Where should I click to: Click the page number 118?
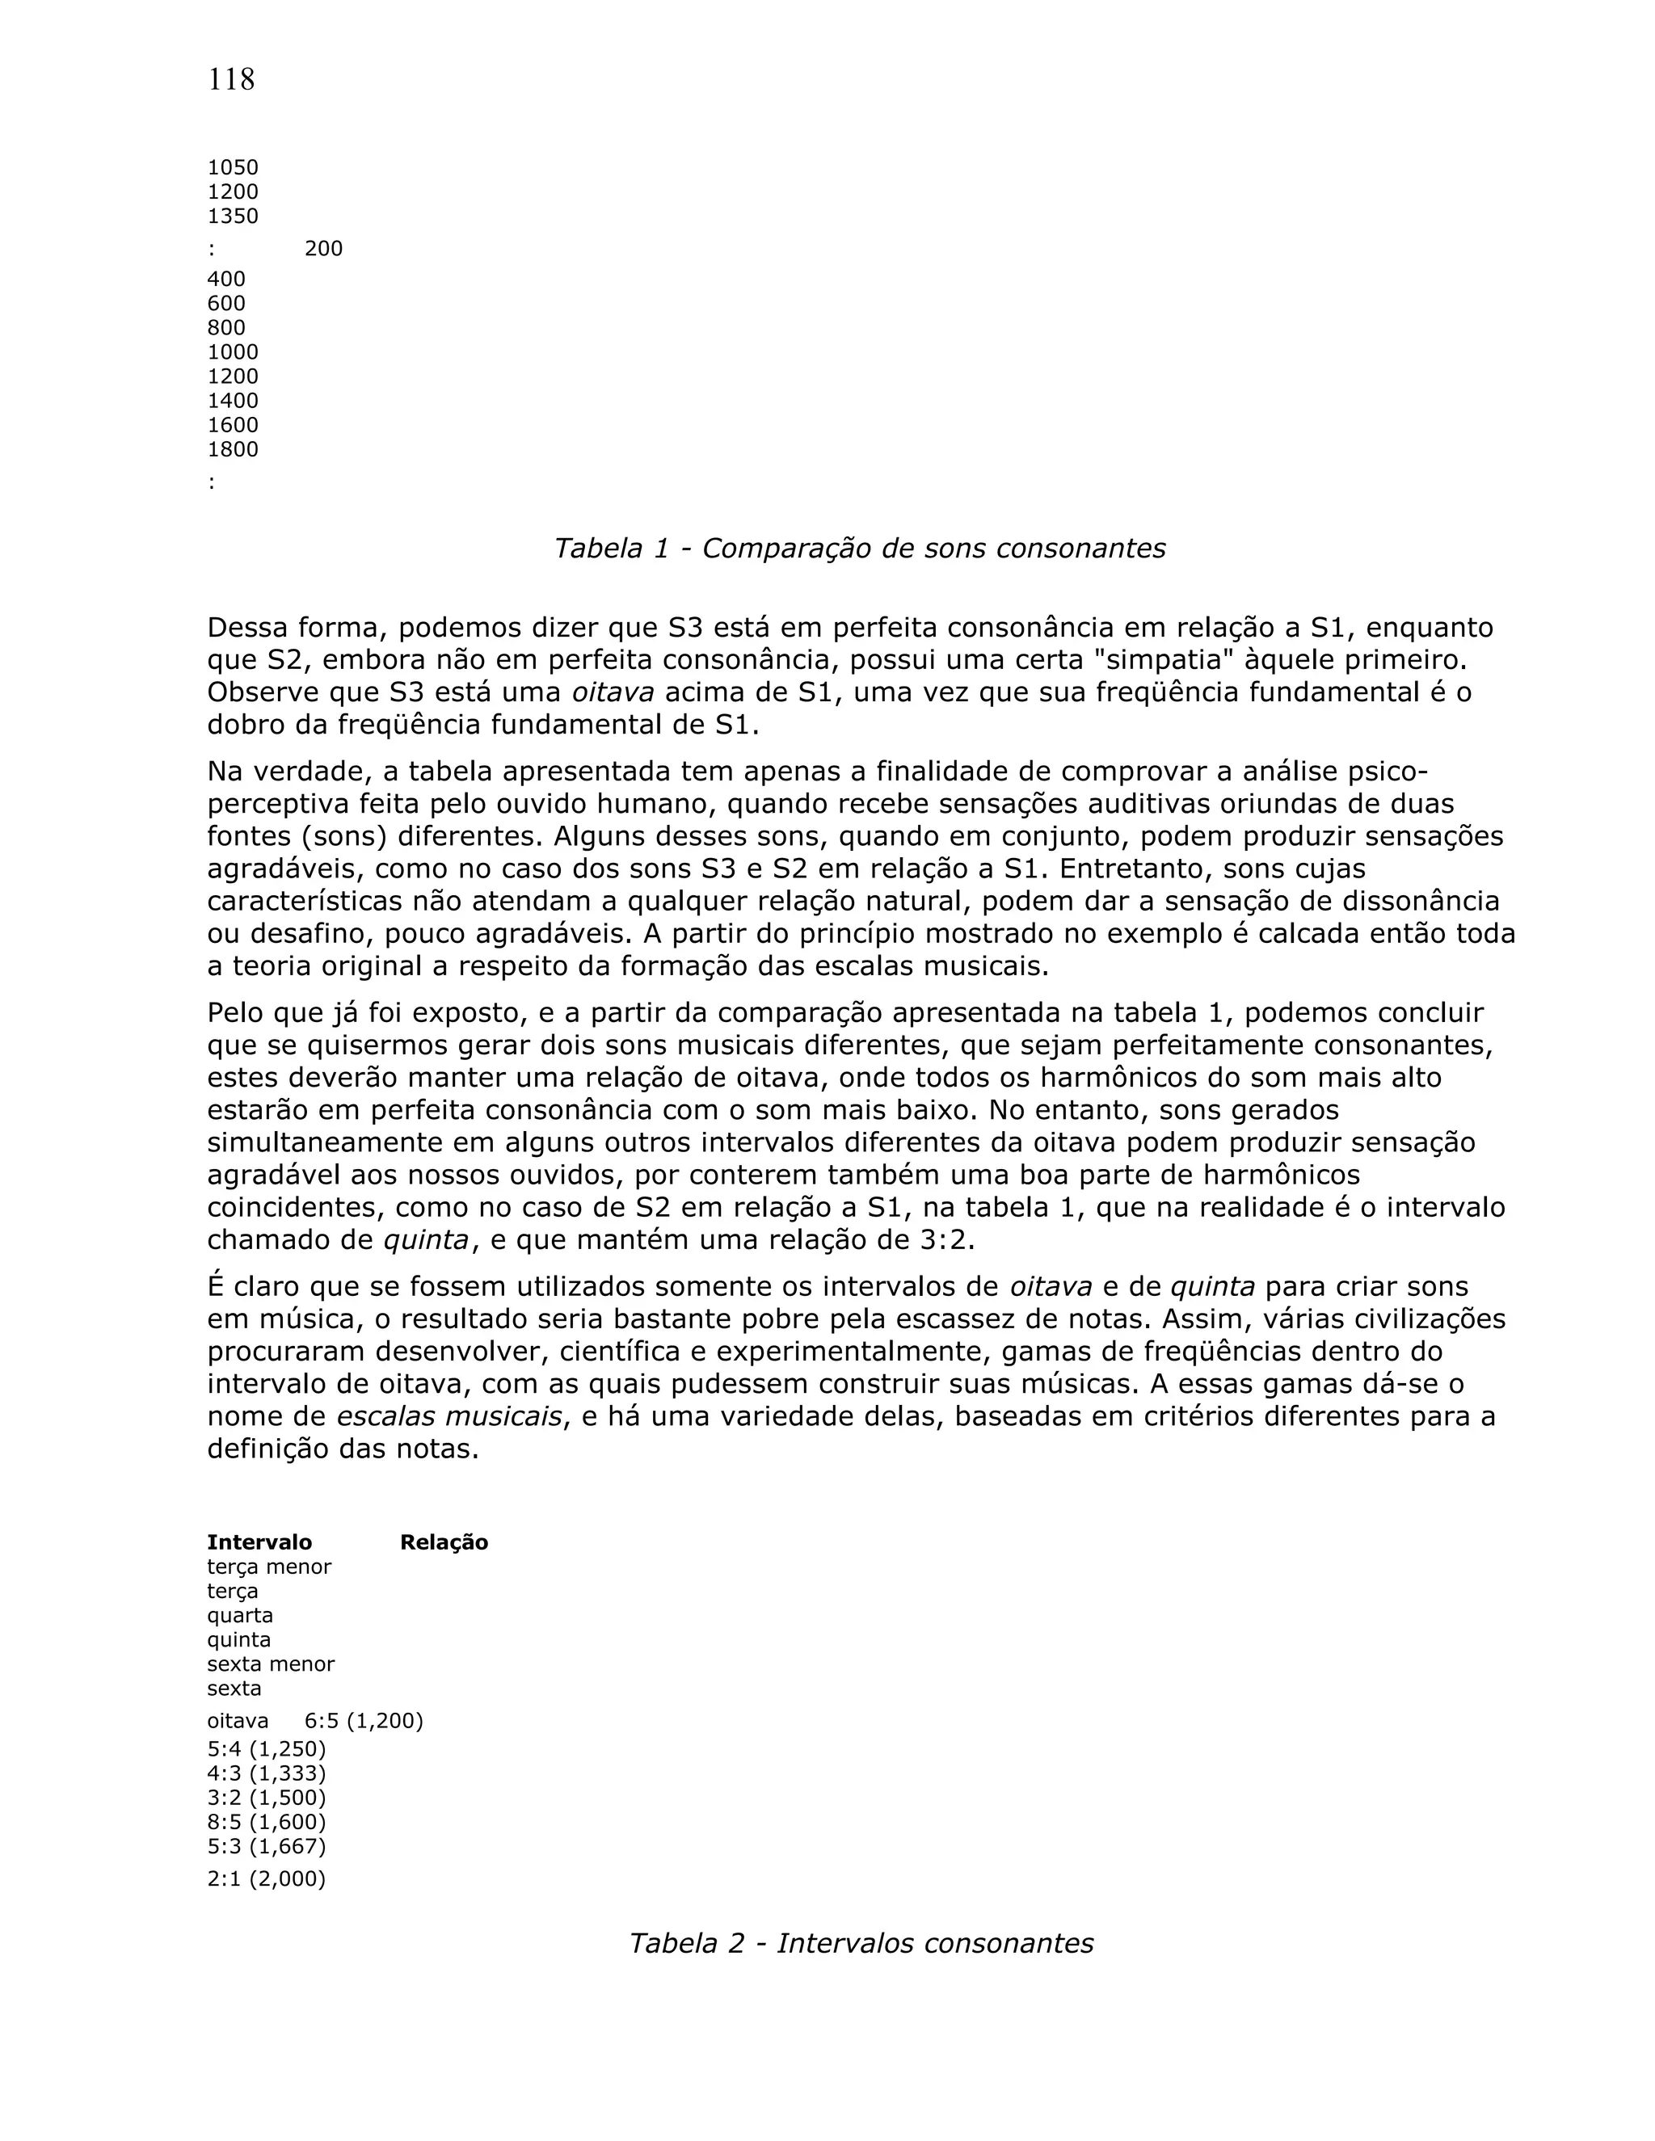click(231, 79)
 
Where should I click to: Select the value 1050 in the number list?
click(233, 167)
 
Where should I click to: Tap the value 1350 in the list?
click(233, 217)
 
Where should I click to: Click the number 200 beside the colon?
click(323, 249)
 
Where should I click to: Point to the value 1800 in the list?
click(233, 450)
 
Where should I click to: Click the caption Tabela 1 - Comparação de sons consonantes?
click(860, 548)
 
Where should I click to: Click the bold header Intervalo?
click(259, 1542)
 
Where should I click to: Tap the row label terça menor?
click(268, 1567)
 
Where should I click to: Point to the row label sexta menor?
click(271, 1664)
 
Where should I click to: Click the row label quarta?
click(239, 1614)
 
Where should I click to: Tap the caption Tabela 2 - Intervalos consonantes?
click(860, 1943)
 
